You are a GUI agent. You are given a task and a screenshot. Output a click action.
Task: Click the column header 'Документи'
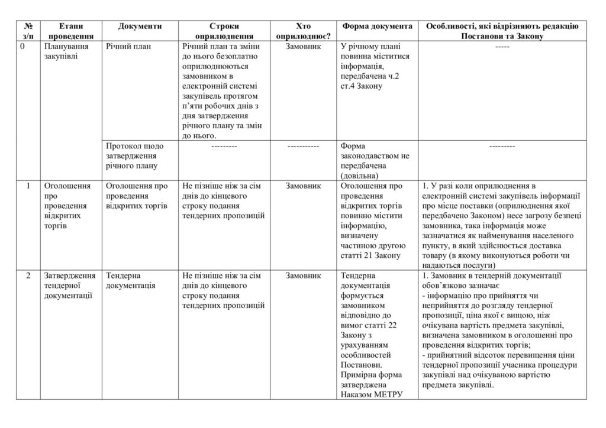[x=140, y=27]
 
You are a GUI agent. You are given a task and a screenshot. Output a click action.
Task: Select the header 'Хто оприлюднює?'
[x=302, y=31]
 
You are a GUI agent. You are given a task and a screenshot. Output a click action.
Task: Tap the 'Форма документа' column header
[x=377, y=27]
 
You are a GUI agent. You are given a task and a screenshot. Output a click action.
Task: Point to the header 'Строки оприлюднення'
[x=224, y=31]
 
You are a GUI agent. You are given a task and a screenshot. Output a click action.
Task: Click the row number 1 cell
[x=28, y=186]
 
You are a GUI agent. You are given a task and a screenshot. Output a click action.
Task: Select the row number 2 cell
[x=28, y=276]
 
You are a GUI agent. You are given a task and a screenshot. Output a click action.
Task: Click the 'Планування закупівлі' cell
[x=66, y=51]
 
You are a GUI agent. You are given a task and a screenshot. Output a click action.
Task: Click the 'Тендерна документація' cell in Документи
[x=131, y=281]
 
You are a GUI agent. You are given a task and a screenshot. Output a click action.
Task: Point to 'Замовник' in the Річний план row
[x=302, y=47]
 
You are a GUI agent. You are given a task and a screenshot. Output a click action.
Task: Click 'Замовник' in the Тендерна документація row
[x=302, y=276]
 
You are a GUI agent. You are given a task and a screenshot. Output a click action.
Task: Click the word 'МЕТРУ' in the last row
[x=389, y=394]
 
